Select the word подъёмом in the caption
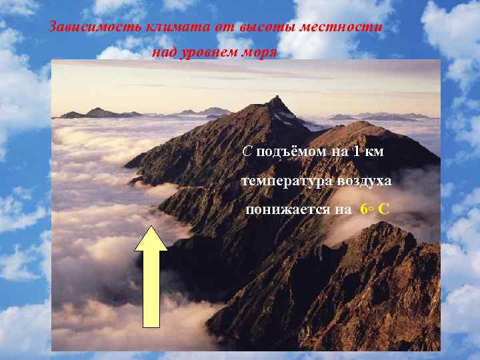pyautogui.click(x=289, y=152)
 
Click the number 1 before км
pyautogui.click(x=357, y=151)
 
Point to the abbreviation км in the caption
pyautogui.click(x=375, y=152)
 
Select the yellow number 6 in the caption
pyautogui.click(x=363, y=209)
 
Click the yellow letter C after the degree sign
pyautogui.click(x=384, y=209)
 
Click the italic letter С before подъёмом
pyautogui.click(x=247, y=151)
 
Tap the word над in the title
pyautogui.click(x=164, y=53)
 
